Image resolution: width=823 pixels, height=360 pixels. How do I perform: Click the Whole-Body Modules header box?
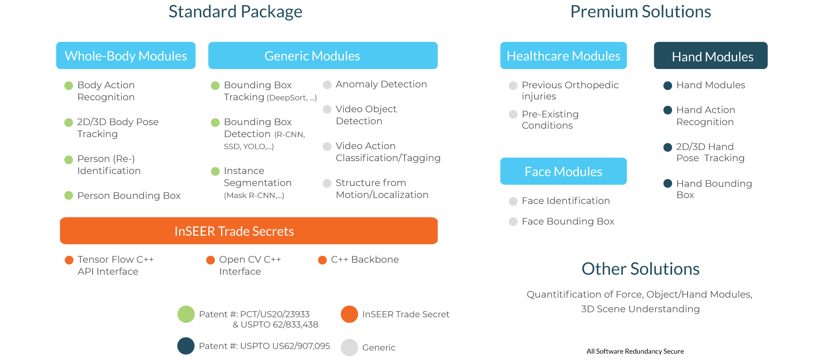(x=126, y=56)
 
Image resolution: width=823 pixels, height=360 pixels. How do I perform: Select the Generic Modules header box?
(x=323, y=56)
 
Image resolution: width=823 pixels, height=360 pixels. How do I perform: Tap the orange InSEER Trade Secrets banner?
(x=249, y=231)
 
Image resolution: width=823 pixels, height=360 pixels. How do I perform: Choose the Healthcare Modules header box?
(x=563, y=56)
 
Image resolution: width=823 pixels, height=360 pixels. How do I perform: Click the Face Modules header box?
(x=563, y=171)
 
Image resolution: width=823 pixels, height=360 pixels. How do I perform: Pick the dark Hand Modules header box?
(x=711, y=56)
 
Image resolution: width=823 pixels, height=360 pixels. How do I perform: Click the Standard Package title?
(x=235, y=12)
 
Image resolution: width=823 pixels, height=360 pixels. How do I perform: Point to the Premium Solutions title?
(x=640, y=12)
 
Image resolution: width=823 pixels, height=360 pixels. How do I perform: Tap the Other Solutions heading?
(x=640, y=269)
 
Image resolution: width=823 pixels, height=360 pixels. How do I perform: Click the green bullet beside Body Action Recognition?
(x=69, y=86)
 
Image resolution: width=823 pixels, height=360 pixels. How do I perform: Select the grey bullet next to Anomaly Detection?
(x=327, y=85)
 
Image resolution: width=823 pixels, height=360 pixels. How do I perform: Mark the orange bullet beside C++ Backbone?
(x=322, y=260)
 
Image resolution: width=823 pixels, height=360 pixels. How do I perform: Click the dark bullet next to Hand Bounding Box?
(x=667, y=184)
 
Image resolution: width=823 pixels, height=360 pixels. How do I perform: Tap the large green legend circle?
(x=186, y=314)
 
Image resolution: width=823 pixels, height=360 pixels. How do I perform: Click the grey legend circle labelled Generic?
(x=349, y=347)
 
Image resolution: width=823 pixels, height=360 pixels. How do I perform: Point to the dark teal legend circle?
(x=186, y=346)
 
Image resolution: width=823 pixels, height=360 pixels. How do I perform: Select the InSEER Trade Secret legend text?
(x=405, y=315)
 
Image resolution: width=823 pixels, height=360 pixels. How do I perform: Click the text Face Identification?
(x=565, y=201)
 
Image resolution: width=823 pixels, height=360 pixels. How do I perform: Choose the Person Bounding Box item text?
(x=129, y=196)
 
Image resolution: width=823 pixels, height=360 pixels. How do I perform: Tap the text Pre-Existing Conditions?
(x=550, y=120)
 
